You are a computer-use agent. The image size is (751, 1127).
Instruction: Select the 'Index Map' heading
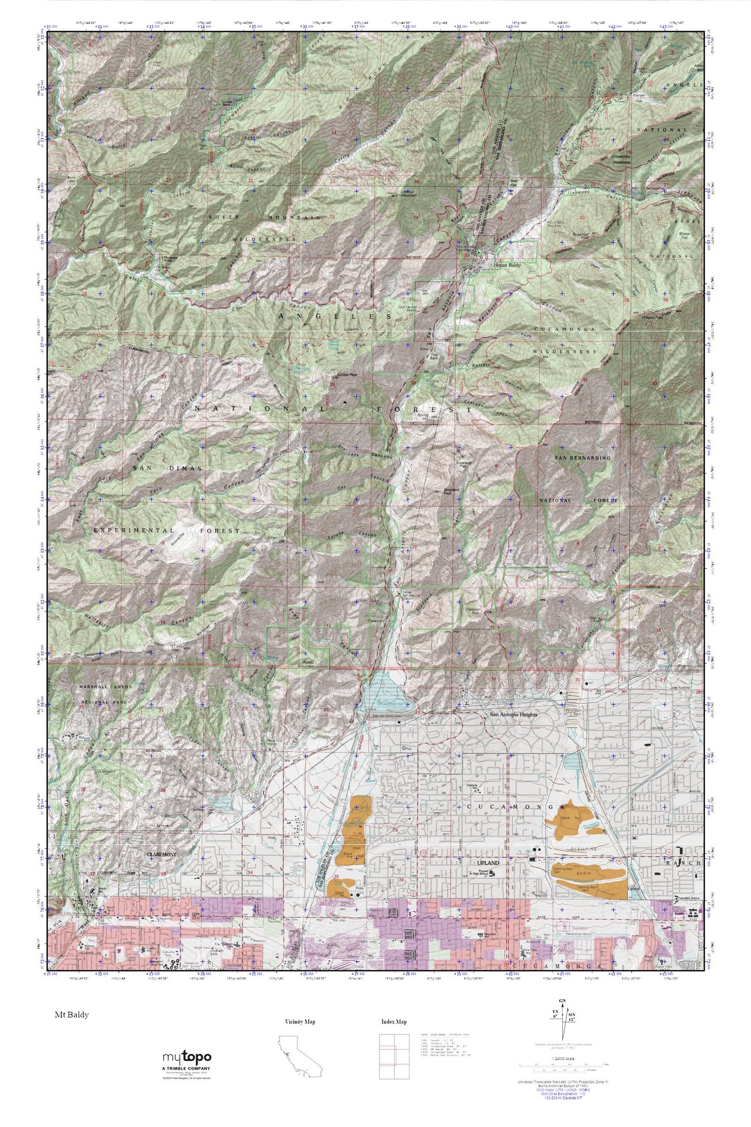click(393, 1022)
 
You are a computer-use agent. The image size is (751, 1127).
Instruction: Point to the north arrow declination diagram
click(562, 1020)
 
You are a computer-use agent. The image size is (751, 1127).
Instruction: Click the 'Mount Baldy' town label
click(507, 265)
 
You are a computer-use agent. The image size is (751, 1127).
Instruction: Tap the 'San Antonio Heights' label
click(513, 715)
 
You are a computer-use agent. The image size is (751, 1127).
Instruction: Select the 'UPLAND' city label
click(488, 863)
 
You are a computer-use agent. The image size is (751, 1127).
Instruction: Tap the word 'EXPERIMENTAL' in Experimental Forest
click(134, 530)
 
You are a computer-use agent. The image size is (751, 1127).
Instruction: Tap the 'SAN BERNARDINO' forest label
click(583, 458)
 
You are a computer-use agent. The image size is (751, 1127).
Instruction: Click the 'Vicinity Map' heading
click(300, 1022)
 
